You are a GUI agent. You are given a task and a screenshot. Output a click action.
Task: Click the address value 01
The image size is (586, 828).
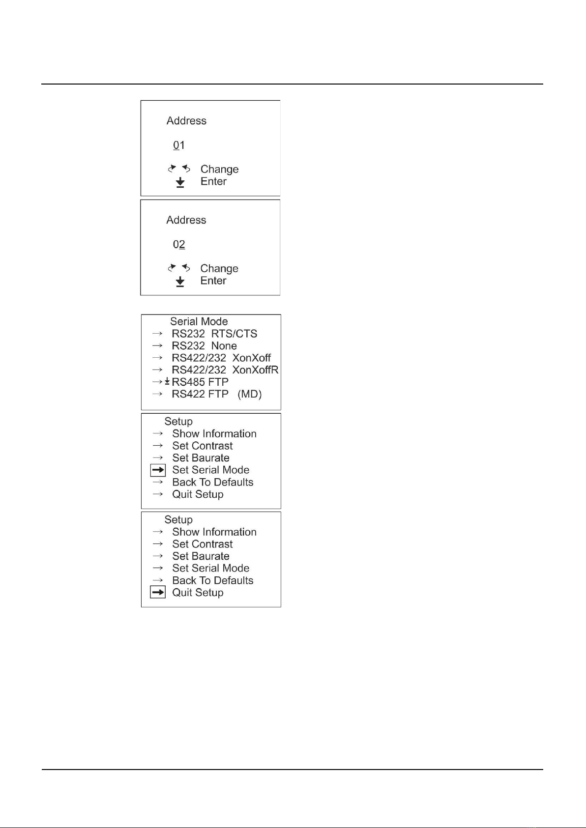click(x=179, y=145)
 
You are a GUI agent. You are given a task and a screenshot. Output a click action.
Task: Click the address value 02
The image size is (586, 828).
click(x=179, y=245)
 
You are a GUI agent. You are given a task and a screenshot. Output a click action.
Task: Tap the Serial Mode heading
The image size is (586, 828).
click(x=199, y=321)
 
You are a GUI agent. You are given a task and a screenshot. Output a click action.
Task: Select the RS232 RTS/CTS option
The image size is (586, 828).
click(x=214, y=334)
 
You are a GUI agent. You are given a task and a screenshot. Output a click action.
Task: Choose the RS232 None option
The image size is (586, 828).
click(x=204, y=346)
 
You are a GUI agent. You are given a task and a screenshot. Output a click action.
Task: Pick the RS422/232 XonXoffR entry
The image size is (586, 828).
click(x=225, y=370)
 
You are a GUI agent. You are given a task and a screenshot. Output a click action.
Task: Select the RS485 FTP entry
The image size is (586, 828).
click(x=200, y=382)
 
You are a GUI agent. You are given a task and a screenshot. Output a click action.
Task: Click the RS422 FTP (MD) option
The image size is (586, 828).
click(x=216, y=394)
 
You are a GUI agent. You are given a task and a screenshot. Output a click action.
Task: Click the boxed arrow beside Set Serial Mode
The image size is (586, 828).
click(x=158, y=470)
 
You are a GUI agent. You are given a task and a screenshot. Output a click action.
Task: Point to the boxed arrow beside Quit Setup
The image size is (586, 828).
click(x=158, y=593)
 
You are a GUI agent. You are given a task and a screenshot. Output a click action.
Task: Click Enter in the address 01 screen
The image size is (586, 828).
click(x=213, y=181)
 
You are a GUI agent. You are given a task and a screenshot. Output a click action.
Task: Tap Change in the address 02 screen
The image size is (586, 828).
click(x=219, y=269)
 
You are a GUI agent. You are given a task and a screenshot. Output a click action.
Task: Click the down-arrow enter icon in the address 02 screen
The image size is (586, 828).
click(x=180, y=281)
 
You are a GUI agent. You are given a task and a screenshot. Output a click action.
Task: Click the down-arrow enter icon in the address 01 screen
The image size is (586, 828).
click(x=180, y=182)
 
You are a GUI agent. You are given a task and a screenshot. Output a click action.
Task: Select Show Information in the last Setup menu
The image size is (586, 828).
click(x=214, y=532)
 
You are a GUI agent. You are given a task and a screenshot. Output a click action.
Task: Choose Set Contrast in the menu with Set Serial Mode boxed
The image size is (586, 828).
click(x=203, y=446)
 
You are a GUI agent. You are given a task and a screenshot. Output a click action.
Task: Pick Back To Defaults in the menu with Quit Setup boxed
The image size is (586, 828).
click(x=213, y=580)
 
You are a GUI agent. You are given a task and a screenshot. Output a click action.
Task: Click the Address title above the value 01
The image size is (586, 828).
click(x=186, y=121)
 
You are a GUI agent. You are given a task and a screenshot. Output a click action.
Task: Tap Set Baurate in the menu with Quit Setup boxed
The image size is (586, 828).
click(x=201, y=556)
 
